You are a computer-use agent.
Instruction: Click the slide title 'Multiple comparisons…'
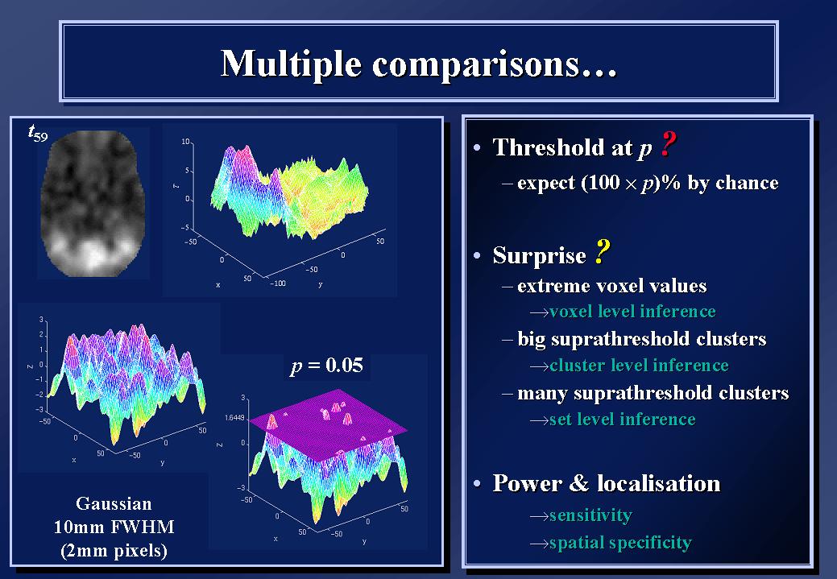(419, 64)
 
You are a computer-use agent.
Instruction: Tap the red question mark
(668, 144)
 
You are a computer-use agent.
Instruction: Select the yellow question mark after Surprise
(602, 252)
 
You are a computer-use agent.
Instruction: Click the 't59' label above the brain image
(37, 133)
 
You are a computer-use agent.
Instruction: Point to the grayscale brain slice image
(93, 203)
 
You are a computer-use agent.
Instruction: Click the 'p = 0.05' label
(327, 366)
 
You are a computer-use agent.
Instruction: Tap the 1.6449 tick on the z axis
(234, 418)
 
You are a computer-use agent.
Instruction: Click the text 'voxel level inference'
(632, 311)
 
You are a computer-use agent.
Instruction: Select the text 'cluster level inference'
(639, 365)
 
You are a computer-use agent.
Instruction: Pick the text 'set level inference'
(623, 420)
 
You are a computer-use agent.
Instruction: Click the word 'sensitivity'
(590, 515)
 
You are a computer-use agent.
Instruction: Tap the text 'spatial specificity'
(620, 543)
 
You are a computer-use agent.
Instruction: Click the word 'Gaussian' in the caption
(114, 504)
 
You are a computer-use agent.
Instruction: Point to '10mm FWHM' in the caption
(114, 527)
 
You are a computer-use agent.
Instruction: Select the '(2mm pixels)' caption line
(114, 551)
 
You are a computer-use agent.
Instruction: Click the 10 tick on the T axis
(185, 142)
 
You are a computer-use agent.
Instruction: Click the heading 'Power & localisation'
(607, 483)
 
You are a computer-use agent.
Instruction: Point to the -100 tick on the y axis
(278, 283)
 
